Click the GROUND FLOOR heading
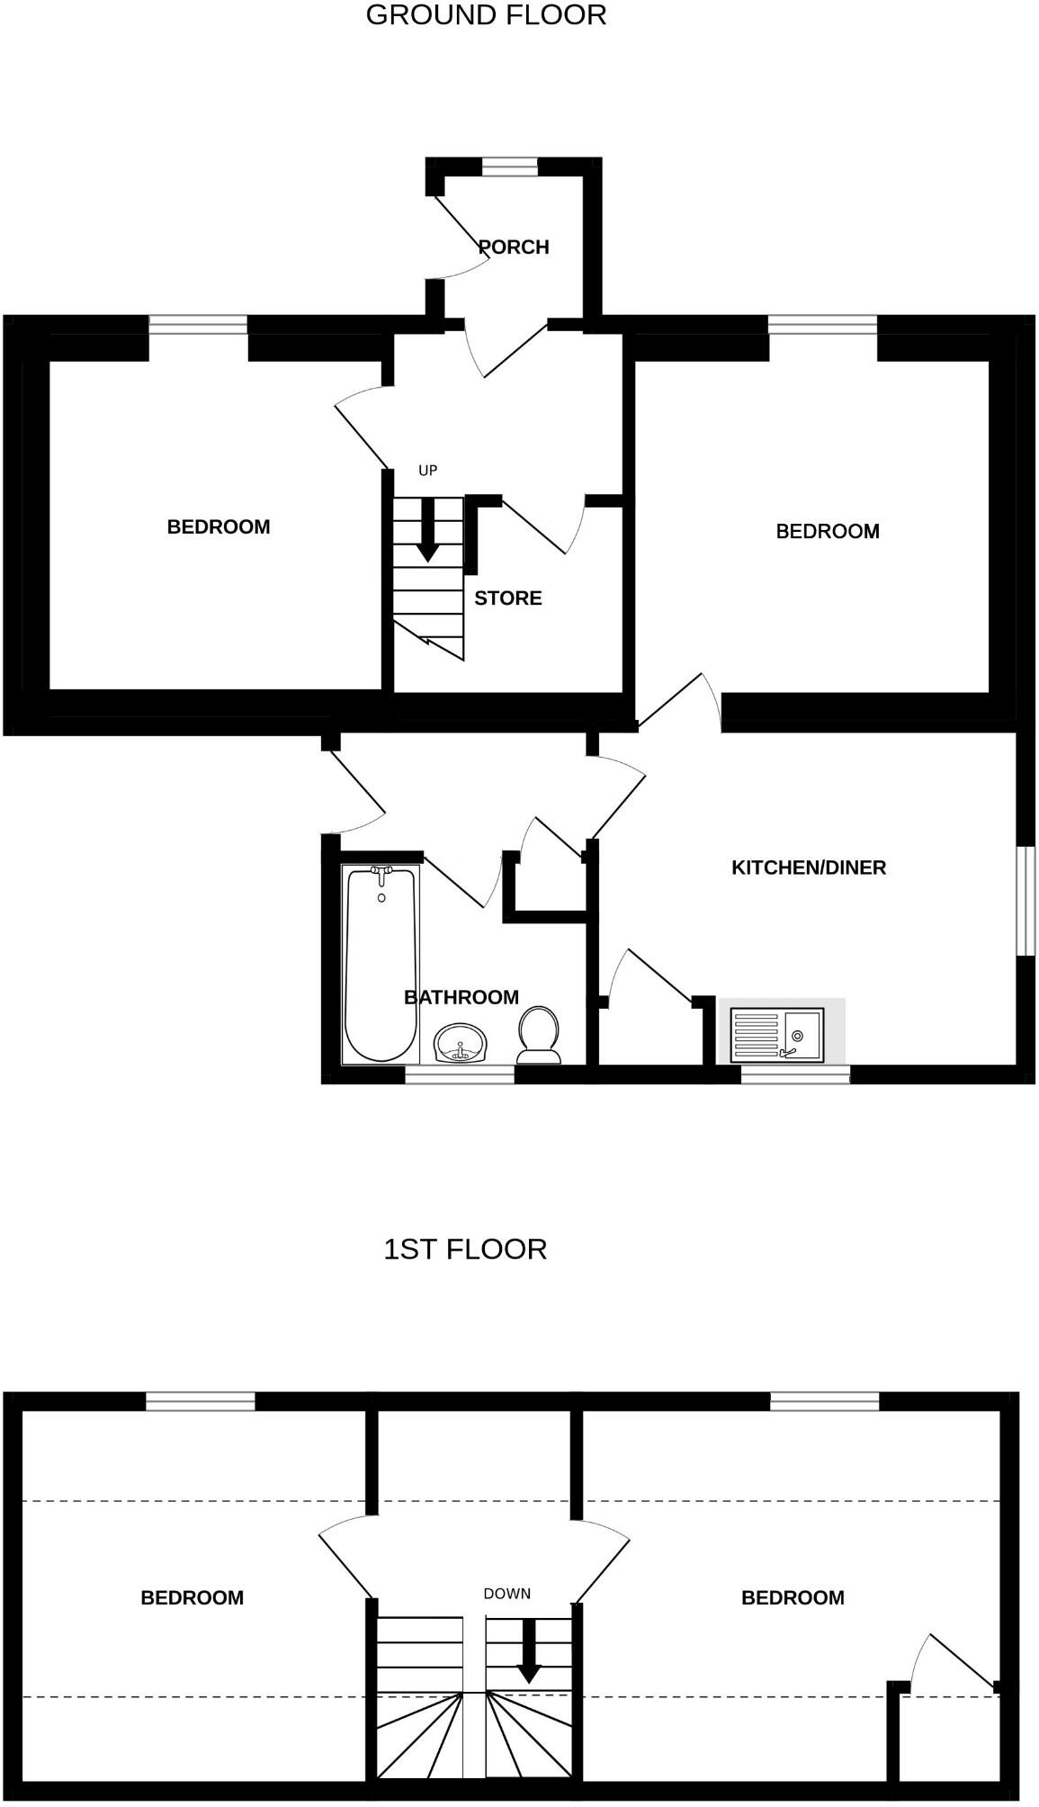(486, 15)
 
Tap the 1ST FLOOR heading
(465, 1249)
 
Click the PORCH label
(514, 247)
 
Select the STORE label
(507, 598)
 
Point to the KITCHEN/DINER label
(808, 868)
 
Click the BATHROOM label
(461, 997)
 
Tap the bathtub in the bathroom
(381, 963)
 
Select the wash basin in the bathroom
(461, 1044)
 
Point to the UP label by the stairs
(428, 471)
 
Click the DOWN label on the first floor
(506, 1594)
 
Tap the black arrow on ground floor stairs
(428, 531)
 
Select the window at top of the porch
(509, 166)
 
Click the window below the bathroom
(460, 1074)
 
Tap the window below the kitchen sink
(795, 1074)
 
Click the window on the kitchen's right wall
(1026, 900)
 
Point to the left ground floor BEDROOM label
(219, 527)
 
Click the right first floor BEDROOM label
(793, 1597)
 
